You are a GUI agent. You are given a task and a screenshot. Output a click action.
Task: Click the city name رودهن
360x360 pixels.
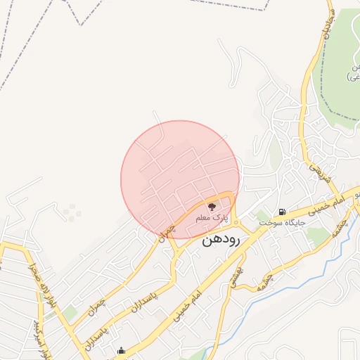pos(221,240)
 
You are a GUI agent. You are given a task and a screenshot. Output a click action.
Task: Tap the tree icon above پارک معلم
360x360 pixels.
pos(212,207)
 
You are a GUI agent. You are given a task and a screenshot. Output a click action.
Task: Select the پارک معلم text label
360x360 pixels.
pos(212,218)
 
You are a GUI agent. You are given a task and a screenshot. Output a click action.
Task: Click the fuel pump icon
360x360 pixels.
pos(282,212)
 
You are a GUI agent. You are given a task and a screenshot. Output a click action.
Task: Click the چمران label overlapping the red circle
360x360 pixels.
pos(166,231)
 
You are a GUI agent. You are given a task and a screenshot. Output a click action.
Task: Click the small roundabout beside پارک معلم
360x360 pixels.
pos(236,224)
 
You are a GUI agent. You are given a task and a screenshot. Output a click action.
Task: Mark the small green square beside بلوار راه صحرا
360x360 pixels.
pos(70,312)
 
